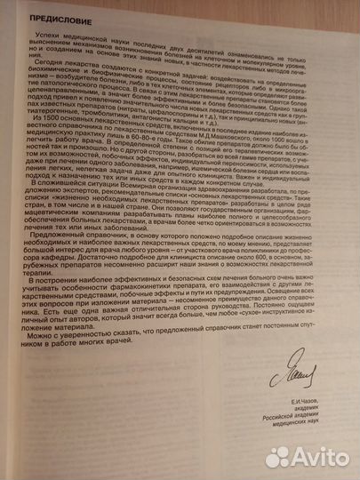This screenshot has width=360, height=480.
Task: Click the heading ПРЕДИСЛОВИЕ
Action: [52, 16]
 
